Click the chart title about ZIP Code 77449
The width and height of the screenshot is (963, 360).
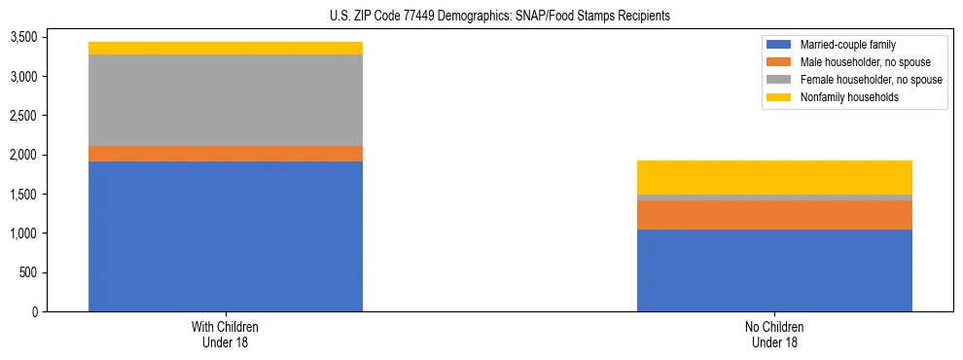481,17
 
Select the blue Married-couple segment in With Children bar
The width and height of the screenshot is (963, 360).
226,236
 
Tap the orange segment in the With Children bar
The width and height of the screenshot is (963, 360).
226,154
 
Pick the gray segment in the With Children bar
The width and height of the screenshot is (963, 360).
226,100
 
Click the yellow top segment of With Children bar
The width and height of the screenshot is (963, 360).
226,48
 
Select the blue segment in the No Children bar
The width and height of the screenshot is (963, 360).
774,270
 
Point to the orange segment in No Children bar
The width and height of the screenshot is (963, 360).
774,215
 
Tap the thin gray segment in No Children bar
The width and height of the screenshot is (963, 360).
774,198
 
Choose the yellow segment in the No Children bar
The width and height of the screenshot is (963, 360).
774,177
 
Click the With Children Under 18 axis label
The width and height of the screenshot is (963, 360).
226,334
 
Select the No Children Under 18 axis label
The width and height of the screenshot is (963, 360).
774,334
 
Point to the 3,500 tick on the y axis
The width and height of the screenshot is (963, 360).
23,37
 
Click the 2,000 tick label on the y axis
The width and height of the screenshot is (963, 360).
23,155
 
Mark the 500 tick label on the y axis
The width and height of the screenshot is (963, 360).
28,272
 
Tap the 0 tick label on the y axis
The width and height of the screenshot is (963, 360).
34,311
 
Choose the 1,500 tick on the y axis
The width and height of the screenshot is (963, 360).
23,195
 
